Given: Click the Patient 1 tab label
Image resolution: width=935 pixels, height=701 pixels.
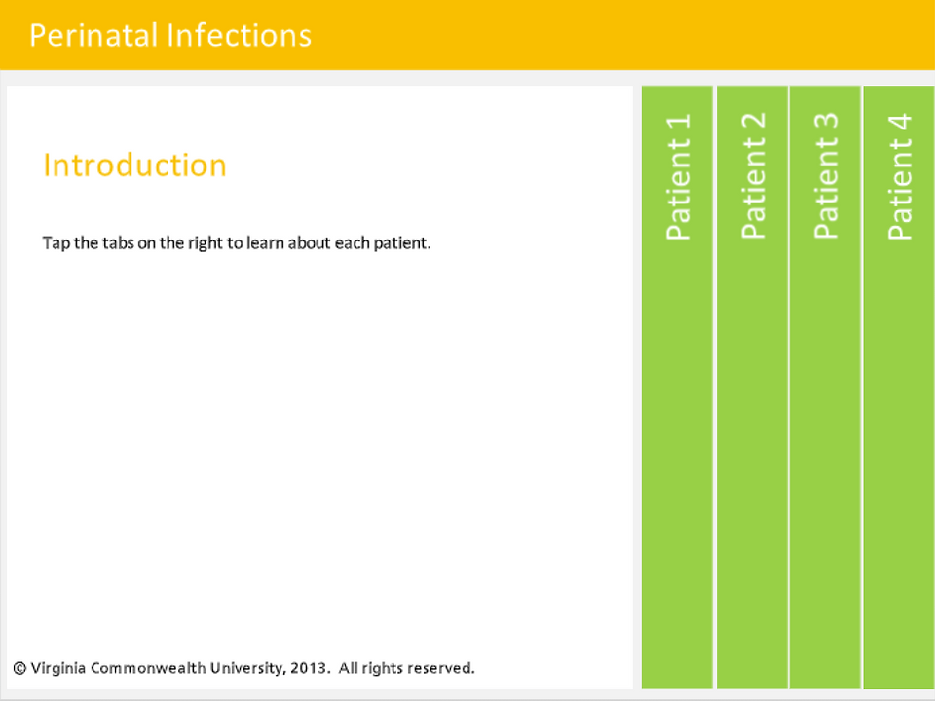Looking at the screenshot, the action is coord(678,176).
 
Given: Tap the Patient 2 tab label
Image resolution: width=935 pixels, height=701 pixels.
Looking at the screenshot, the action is coord(753,176).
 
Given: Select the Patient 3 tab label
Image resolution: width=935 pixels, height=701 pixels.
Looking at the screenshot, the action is coord(826,176).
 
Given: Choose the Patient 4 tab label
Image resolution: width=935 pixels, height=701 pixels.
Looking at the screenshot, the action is coord(900,176).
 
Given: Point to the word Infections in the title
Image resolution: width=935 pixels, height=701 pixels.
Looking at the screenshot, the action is coord(240,35).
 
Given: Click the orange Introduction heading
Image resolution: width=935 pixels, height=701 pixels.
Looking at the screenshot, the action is coord(134,166).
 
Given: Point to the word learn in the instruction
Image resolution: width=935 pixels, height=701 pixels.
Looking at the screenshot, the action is coord(265,242).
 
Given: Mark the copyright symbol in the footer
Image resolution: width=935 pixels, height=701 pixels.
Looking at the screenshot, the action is coord(19,668).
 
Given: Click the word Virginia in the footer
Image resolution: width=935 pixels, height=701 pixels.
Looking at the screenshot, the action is coord(58,669).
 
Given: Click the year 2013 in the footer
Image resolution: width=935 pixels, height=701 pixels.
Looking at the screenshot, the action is coord(310,668).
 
